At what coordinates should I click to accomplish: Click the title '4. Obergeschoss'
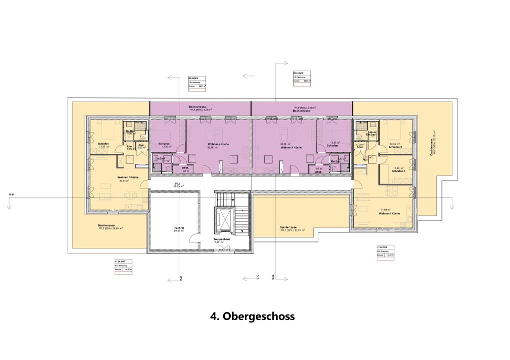coord(252,316)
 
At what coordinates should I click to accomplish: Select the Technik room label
coord(179,229)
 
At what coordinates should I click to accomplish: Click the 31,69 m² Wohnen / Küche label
coord(389,211)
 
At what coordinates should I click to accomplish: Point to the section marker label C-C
coord(258,277)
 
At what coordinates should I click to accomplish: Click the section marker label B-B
coord(273,277)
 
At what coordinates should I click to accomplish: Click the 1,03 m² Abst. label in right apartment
coord(360,146)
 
